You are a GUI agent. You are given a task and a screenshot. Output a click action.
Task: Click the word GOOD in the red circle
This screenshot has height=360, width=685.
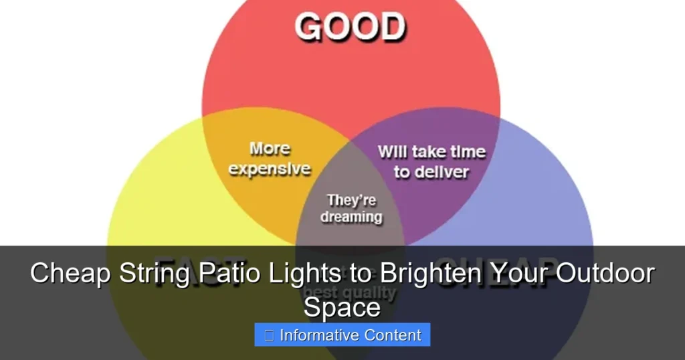pos(350,27)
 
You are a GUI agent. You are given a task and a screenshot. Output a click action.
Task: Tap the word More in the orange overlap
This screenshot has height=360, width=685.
pos(270,148)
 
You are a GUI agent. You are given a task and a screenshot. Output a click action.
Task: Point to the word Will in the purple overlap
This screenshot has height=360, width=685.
pos(393,152)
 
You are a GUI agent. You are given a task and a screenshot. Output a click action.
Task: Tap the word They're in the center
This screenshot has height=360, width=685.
pos(351,200)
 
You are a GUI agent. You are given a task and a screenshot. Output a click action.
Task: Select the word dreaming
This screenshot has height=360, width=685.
pos(351,217)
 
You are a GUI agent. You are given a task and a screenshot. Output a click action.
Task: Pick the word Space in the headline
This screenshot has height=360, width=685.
pos(342,307)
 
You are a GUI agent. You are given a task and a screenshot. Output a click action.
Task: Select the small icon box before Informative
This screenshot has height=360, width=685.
pos(269,335)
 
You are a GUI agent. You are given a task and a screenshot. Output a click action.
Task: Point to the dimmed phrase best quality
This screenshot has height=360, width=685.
pos(350,293)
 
